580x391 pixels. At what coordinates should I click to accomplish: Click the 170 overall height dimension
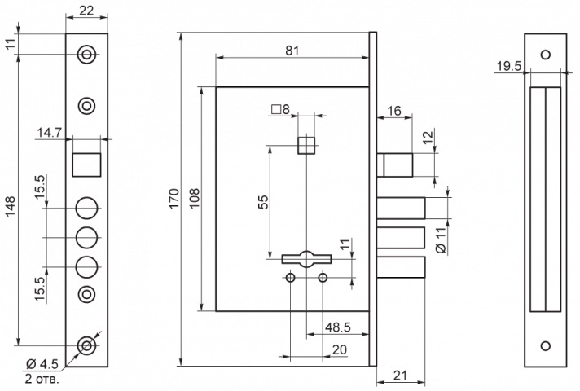(174, 198)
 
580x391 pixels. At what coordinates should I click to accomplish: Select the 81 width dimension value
(292, 51)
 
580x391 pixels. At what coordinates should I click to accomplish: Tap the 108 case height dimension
(195, 198)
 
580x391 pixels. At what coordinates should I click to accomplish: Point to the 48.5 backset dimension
(338, 327)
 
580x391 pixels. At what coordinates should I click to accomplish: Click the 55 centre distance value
(263, 202)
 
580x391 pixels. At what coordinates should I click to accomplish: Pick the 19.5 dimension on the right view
(508, 66)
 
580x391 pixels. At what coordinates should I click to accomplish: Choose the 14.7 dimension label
(49, 133)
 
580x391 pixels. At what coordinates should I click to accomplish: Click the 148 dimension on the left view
(10, 206)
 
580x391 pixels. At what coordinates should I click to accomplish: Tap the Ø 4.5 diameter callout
(42, 364)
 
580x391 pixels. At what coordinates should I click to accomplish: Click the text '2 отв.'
(42, 379)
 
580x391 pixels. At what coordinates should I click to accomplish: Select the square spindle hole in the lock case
(306, 146)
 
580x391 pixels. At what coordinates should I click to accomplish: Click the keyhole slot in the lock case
(306, 259)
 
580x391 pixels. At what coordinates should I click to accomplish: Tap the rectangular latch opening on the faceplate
(86, 165)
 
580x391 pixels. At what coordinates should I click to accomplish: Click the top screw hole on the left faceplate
(86, 55)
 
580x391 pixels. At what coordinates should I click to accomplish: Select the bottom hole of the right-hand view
(546, 346)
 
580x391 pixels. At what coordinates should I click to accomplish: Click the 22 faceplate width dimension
(86, 11)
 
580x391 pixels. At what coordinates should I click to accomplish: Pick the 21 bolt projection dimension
(400, 376)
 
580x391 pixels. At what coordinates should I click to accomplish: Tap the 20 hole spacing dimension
(340, 349)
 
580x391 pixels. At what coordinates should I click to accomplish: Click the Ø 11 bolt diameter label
(441, 240)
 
